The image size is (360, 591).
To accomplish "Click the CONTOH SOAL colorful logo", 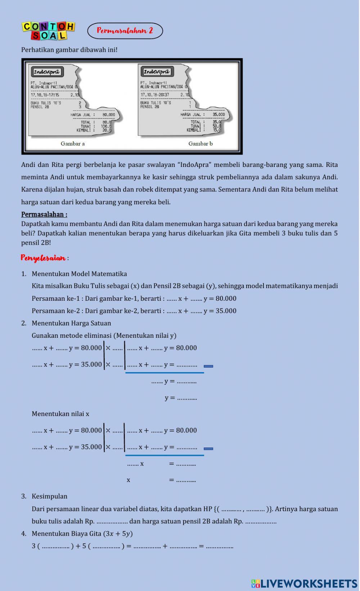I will pos(49,31).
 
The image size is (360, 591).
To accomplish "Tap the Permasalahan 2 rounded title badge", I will pos(125,31).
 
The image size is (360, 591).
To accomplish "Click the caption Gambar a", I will pos(73,144).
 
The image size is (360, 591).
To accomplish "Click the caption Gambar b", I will pos(201,144).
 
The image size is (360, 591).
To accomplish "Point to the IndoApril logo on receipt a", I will pos(47,72).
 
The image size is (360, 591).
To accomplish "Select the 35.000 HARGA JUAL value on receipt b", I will pos(219,115).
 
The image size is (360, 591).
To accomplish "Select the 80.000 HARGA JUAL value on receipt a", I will pos(109,115).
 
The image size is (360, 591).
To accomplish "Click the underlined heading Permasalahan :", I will pos(44,214).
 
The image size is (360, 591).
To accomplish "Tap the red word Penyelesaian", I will pos(43,258).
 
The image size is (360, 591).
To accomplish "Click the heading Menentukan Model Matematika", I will pos(79,274).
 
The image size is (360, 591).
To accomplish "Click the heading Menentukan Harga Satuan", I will pos(71,323).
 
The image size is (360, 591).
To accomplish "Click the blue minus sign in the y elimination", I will pos(208,366).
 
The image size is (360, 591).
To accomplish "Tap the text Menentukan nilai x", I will pos(60,414).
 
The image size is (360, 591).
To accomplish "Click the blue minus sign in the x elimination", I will pos(208,449).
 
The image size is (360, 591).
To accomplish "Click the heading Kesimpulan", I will pos(49,496).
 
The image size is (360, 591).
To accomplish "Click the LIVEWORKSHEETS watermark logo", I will pos(304,583).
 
